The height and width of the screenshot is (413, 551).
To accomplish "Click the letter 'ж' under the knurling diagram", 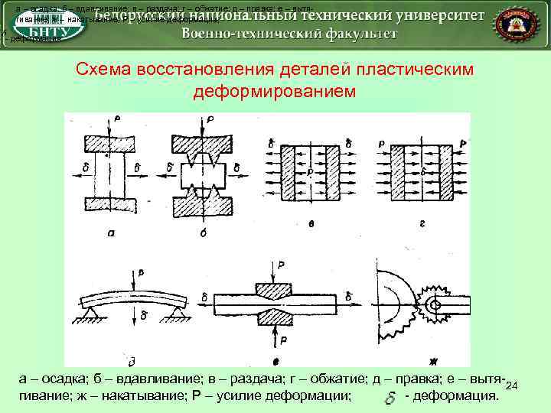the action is tap(432, 361).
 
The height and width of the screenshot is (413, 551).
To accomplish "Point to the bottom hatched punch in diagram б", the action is tap(203, 203).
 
